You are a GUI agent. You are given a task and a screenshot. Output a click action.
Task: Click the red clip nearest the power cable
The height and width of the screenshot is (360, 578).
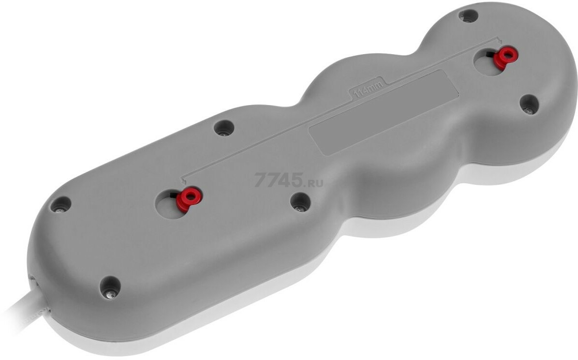tap(189, 198)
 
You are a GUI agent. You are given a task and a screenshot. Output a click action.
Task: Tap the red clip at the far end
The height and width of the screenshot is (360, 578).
tap(506, 57)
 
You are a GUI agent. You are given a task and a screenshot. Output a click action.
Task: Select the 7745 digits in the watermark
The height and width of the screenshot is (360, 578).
tap(279, 180)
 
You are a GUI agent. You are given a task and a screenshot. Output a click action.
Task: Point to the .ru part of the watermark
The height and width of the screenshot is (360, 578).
tap(314, 182)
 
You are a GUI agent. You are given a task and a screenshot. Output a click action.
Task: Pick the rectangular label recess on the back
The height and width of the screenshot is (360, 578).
tap(384, 112)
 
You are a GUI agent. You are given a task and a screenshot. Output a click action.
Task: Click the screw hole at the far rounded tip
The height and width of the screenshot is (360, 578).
tap(468, 16)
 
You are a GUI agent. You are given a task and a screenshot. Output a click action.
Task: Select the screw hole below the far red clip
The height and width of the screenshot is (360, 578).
tap(529, 105)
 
